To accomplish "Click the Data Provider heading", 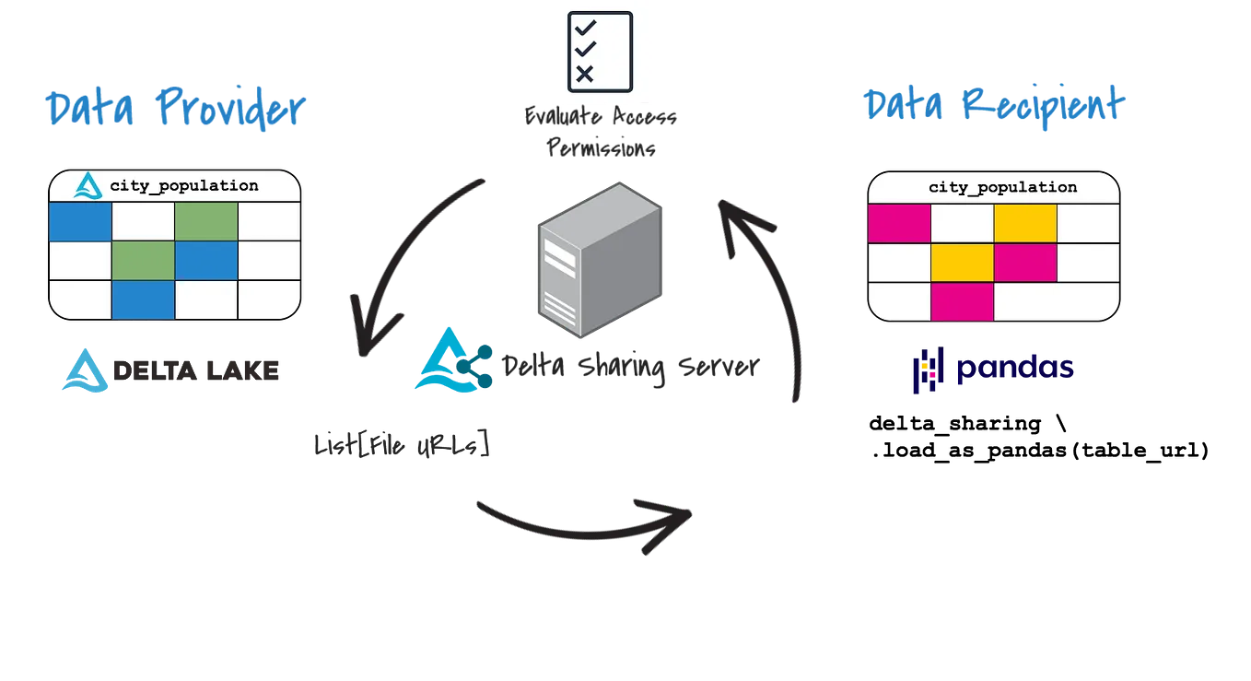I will click(174, 110).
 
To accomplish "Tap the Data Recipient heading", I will click(991, 106).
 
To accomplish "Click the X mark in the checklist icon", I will click(583, 74).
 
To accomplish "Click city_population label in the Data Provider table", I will click(184, 186).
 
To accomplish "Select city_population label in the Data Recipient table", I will click(1002, 187).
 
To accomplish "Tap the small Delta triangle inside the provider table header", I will click(89, 186).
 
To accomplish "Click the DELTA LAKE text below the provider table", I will click(195, 370).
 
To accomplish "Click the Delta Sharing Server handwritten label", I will click(629, 367).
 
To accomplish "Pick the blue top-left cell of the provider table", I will click(80, 222).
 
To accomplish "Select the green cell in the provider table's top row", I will click(206, 222).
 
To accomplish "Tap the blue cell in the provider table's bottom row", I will click(143, 299).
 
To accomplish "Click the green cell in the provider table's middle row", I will click(143, 261).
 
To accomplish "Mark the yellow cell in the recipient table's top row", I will click(1024, 223).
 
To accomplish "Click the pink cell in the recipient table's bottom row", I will click(962, 301).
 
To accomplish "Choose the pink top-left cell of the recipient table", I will click(899, 223).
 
